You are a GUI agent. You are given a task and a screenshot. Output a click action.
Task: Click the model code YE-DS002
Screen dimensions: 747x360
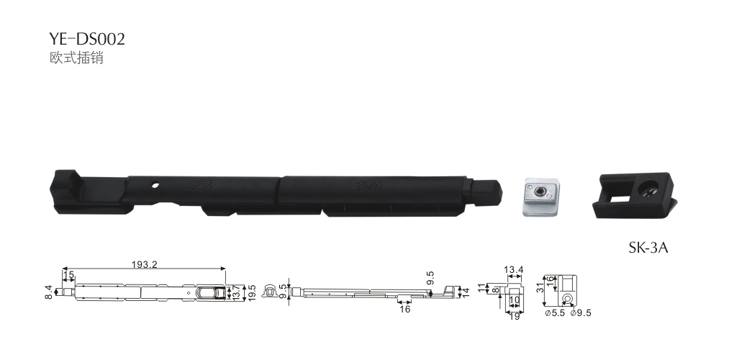87,39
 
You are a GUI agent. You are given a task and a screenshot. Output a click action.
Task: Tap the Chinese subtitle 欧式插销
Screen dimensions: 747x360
77,58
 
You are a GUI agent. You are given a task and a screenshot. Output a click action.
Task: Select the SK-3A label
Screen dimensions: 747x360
648,248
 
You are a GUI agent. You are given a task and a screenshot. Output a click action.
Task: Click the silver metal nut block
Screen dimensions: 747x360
540,197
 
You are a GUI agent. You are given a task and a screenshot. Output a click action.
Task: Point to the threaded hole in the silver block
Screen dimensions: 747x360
540,192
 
